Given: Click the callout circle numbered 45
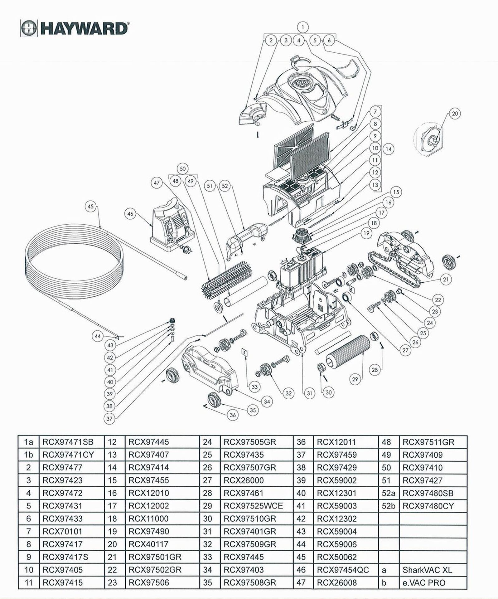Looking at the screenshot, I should [x=90, y=207].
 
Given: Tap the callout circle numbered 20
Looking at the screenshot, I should [x=455, y=114].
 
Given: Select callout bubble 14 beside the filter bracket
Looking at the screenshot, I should [x=388, y=149].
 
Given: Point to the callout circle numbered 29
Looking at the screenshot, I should [x=355, y=379].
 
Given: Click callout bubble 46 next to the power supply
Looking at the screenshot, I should [x=130, y=214].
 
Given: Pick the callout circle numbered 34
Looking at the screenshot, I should [x=267, y=402].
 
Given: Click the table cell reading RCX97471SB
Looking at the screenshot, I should [x=68, y=442].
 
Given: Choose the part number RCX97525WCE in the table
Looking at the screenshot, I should [x=253, y=506].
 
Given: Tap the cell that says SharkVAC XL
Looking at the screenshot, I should [x=427, y=570].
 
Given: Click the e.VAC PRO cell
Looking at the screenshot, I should [x=424, y=583].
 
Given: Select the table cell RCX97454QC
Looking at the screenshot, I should [x=343, y=570].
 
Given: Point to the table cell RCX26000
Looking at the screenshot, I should [x=244, y=480].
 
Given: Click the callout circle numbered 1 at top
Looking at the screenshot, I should [x=302, y=27].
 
